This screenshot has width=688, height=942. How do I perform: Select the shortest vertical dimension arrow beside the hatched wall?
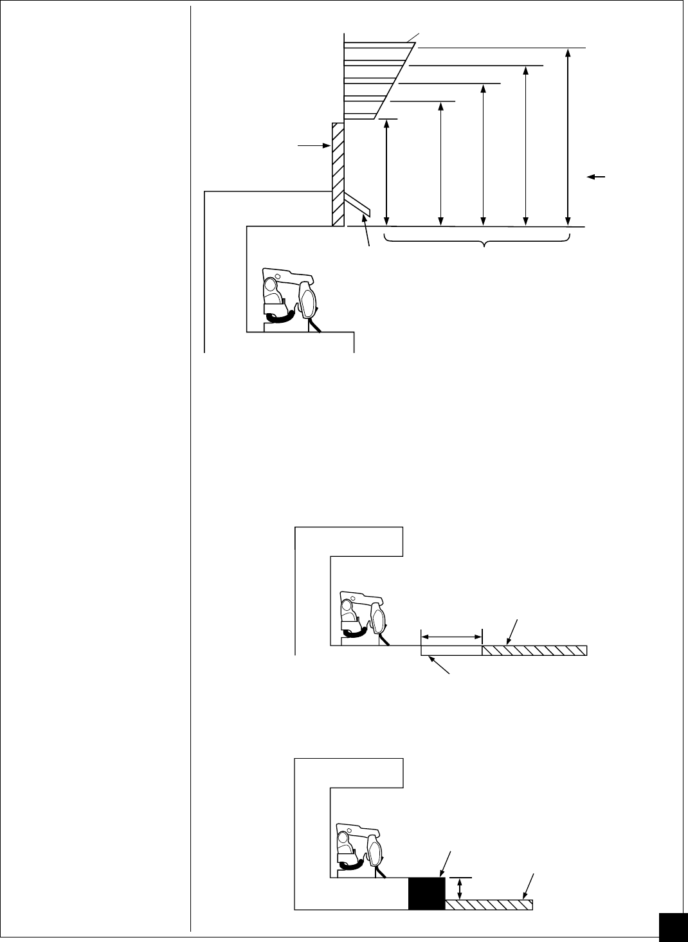[386, 172]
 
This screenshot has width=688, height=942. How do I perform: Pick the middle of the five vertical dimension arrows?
[483, 155]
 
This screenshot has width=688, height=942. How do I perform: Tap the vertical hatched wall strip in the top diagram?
[338, 174]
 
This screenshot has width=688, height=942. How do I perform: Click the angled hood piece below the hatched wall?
[357, 205]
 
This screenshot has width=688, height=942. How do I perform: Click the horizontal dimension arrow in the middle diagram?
[451, 637]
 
